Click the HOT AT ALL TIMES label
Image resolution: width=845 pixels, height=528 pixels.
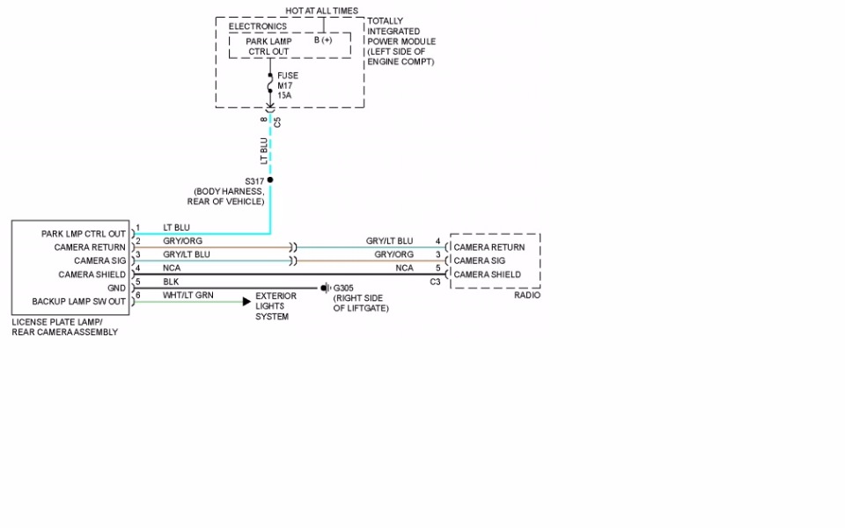(x=321, y=11)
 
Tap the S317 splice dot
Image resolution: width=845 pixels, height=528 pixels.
(x=270, y=180)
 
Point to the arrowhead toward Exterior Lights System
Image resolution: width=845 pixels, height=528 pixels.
(x=247, y=301)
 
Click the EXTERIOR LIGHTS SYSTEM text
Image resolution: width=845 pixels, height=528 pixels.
(x=276, y=306)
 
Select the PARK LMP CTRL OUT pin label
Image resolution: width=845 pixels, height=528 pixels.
(x=84, y=234)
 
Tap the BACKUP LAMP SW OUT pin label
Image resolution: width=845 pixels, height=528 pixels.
(x=78, y=302)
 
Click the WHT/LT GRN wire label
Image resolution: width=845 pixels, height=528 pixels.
(x=188, y=296)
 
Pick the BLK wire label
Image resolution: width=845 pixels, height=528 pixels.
(x=171, y=282)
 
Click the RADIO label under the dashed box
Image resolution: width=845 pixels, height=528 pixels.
(x=527, y=296)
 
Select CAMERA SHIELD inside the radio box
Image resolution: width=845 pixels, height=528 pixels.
(x=487, y=275)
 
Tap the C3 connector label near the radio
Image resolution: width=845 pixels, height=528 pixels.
(x=435, y=282)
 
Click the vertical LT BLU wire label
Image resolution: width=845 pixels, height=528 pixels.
(x=263, y=150)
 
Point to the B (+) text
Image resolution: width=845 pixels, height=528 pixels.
(x=323, y=40)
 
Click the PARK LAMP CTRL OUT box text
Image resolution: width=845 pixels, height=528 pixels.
(x=268, y=46)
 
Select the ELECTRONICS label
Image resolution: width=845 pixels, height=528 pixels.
(x=258, y=26)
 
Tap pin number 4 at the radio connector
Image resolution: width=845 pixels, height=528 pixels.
(x=437, y=241)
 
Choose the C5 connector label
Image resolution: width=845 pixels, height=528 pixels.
(x=277, y=121)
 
